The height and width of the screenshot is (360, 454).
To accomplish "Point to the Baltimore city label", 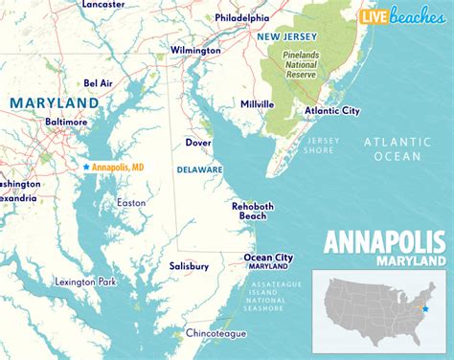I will pos(66,123).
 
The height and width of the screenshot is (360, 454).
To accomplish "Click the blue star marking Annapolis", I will pos(86,167).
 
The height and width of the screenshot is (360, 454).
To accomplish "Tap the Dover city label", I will pos(198,143).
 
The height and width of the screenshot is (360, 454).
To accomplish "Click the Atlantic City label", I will pos(330,110).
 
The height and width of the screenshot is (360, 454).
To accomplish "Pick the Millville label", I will pos(257,103).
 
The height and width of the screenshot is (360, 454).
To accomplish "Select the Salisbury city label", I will pos(189,266).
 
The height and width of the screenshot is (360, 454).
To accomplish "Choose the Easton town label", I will pos(131,202).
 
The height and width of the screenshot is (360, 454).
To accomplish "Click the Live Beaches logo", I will pos(400,15).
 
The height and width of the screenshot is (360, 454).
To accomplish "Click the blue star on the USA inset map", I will pos(426,309).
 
